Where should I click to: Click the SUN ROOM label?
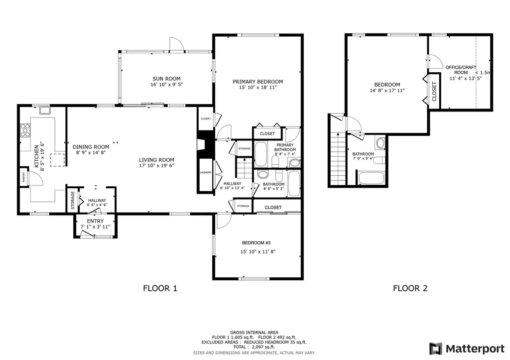166,78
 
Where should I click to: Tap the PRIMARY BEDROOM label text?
257,82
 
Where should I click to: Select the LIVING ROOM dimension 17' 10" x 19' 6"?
156,166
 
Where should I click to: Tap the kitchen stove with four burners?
24,131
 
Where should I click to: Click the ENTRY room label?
95,221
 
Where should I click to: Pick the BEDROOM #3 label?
256,243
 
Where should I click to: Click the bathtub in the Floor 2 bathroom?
371,178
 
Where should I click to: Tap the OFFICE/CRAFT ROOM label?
461,70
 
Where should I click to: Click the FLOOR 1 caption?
160,288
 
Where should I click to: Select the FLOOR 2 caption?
410,288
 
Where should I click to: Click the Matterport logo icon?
436,348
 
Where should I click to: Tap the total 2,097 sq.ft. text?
254,347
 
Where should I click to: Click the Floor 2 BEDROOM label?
387,85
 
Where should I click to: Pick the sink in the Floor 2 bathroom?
381,143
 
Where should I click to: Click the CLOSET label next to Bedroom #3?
273,207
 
